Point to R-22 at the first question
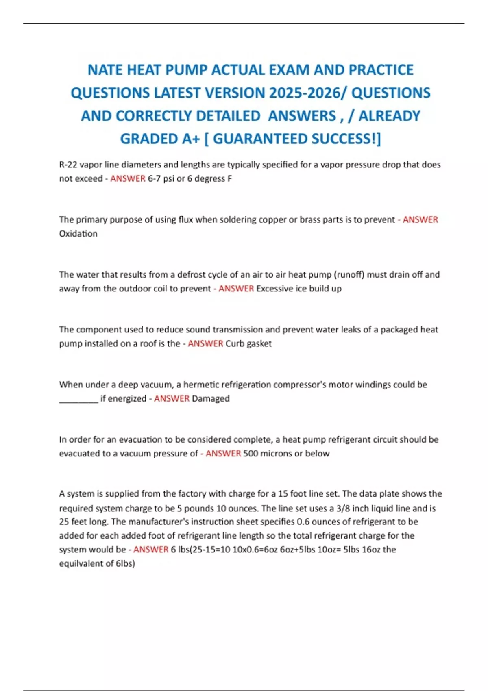coord(68,165)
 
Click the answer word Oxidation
coord(78,234)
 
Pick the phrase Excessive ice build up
coord(299,289)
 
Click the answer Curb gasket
coord(248,343)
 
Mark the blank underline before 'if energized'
coord(78,400)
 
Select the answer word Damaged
coord(211,399)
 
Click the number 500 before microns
coord(251,454)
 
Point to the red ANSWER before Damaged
coord(172,399)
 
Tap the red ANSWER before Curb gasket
coord(205,343)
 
